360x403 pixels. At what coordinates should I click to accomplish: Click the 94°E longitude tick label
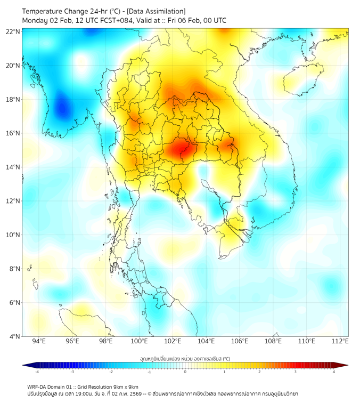click(x=39, y=341)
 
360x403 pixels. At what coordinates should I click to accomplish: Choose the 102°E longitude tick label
click(x=173, y=341)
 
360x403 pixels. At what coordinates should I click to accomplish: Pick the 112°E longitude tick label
click(x=340, y=341)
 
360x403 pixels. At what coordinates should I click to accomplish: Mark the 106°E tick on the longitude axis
click(x=240, y=341)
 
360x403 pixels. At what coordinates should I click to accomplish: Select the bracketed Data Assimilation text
click(x=157, y=11)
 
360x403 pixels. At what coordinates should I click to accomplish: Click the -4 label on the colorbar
click(x=36, y=372)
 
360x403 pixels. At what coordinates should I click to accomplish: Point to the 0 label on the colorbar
click(x=185, y=372)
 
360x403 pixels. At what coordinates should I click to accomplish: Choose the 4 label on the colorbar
click(x=334, y=372)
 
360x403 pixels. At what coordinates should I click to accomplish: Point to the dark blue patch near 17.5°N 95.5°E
click(x=63, y=107)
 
